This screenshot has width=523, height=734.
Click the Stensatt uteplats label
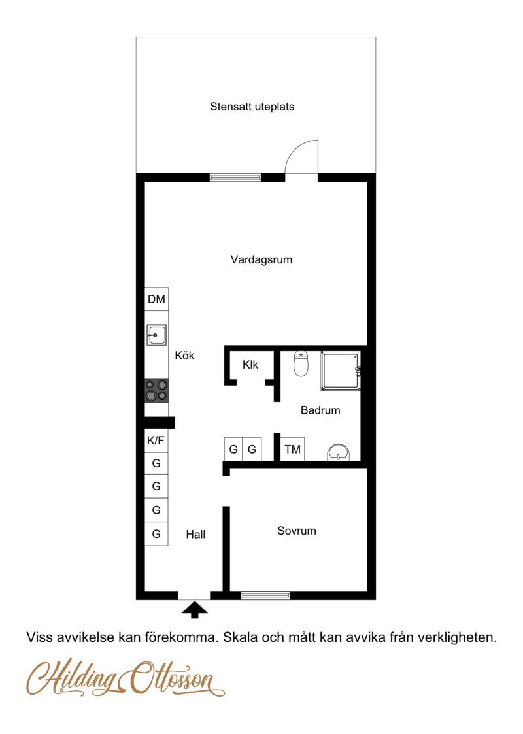pos(252,107)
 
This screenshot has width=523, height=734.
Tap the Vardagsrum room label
pos(261,259)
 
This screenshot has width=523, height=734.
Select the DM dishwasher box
pos(156,299)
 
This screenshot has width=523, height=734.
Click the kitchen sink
pos(156,335)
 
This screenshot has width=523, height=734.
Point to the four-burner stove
pos(156,391)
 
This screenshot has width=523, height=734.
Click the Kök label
pos(184,356)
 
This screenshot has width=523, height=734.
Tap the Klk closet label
pos(250,365)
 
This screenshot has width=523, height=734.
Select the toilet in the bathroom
pos(301,363)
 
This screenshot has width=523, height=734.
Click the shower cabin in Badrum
pos(341,371)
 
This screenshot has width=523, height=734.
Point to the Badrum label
pos(320,410)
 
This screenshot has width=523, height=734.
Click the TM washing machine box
pos(293,450)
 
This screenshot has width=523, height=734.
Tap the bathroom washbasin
pos(338,453)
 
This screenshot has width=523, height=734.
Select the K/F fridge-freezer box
pos(156,441)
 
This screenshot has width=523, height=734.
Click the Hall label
pos(195,535)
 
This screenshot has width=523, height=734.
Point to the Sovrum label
pos(297,531)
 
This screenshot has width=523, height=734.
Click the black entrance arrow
pos(194,609)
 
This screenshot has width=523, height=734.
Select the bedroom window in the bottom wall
pos(265,595)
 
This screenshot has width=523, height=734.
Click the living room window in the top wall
pos(235,177)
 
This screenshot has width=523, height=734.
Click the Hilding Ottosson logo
pos(126,678)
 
